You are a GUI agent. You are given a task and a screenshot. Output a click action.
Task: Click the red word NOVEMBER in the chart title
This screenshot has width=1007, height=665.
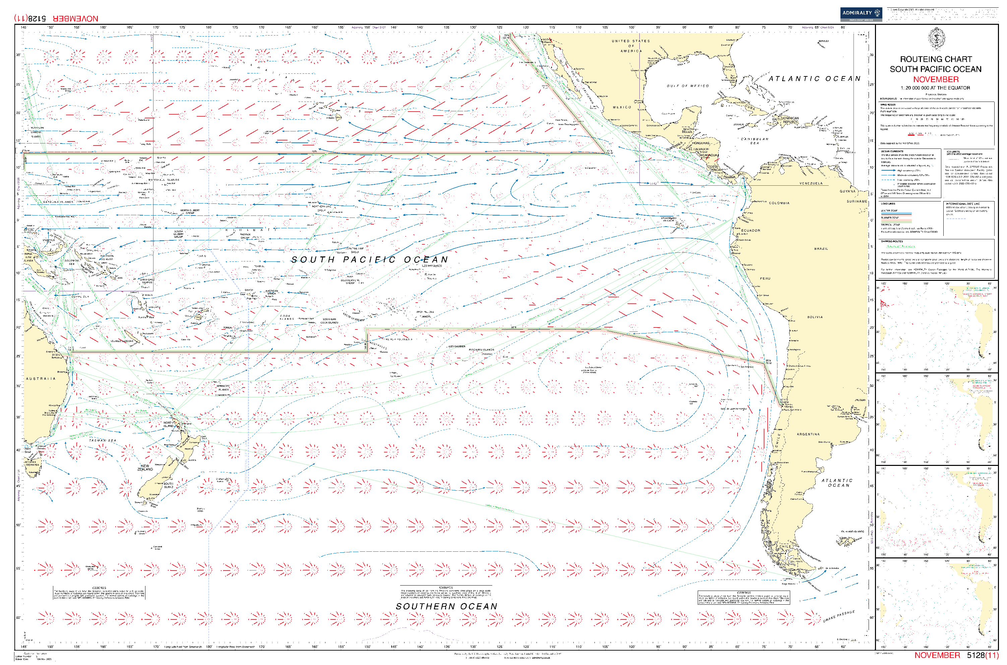[935, 79]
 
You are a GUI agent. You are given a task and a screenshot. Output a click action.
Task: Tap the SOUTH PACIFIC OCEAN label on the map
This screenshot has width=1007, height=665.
[369, 259]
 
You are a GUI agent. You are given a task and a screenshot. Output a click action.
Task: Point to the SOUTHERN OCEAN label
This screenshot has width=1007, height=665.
[446, 606]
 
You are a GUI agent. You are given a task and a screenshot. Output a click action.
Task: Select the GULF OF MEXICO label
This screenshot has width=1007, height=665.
[687, 86]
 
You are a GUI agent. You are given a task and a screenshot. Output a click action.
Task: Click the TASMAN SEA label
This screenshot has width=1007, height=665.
[102, 441]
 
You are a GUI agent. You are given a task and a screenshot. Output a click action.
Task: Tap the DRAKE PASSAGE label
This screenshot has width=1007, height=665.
[839, 616]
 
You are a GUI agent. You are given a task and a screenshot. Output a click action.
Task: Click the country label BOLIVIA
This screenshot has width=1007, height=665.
[815, 317]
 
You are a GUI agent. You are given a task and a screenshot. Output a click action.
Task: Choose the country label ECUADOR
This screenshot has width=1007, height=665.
[751, 231]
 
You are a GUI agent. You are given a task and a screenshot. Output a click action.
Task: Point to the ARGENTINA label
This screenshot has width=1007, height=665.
[808, 434]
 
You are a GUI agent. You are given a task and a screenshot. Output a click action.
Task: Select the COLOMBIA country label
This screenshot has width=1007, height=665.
[779, 203]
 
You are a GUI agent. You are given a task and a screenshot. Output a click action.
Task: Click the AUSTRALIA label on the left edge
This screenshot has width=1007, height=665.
[41, 379]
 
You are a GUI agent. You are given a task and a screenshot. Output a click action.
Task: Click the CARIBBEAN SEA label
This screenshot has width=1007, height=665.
[754, 141]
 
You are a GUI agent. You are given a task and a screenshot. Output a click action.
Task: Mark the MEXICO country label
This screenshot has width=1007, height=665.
[622, 107]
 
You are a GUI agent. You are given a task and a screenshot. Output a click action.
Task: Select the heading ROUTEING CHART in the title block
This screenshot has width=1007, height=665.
[936, 59]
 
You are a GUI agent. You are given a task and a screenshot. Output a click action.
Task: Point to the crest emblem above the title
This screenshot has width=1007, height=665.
[936, 39]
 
